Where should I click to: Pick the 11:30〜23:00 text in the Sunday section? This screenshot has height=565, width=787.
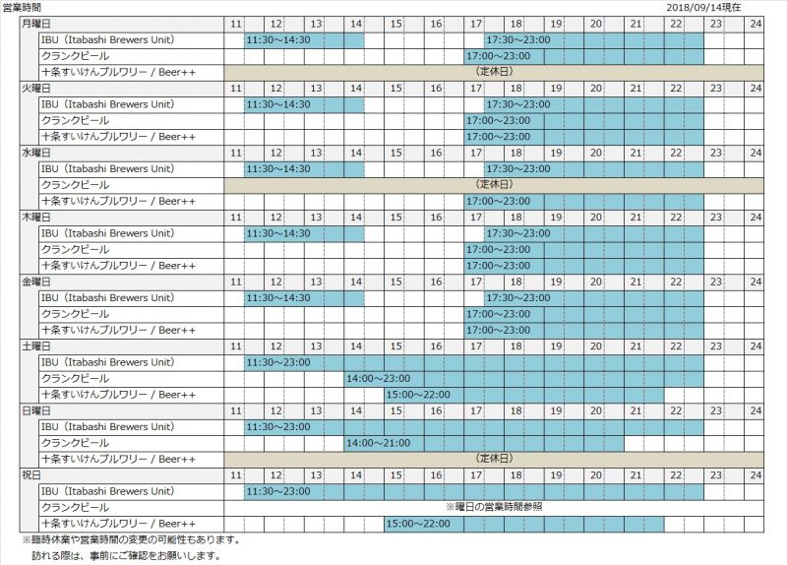tap(278, 427)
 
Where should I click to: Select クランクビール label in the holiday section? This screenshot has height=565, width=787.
tap(74, 507)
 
